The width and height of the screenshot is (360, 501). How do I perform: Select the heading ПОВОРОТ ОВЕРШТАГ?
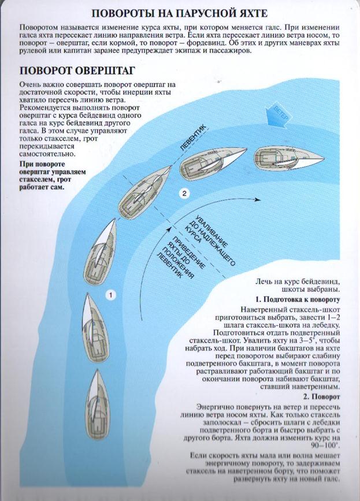pyautogui.click(x=77, y=71)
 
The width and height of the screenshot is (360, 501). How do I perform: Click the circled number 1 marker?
pyautogui.click(x=111, y=295)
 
